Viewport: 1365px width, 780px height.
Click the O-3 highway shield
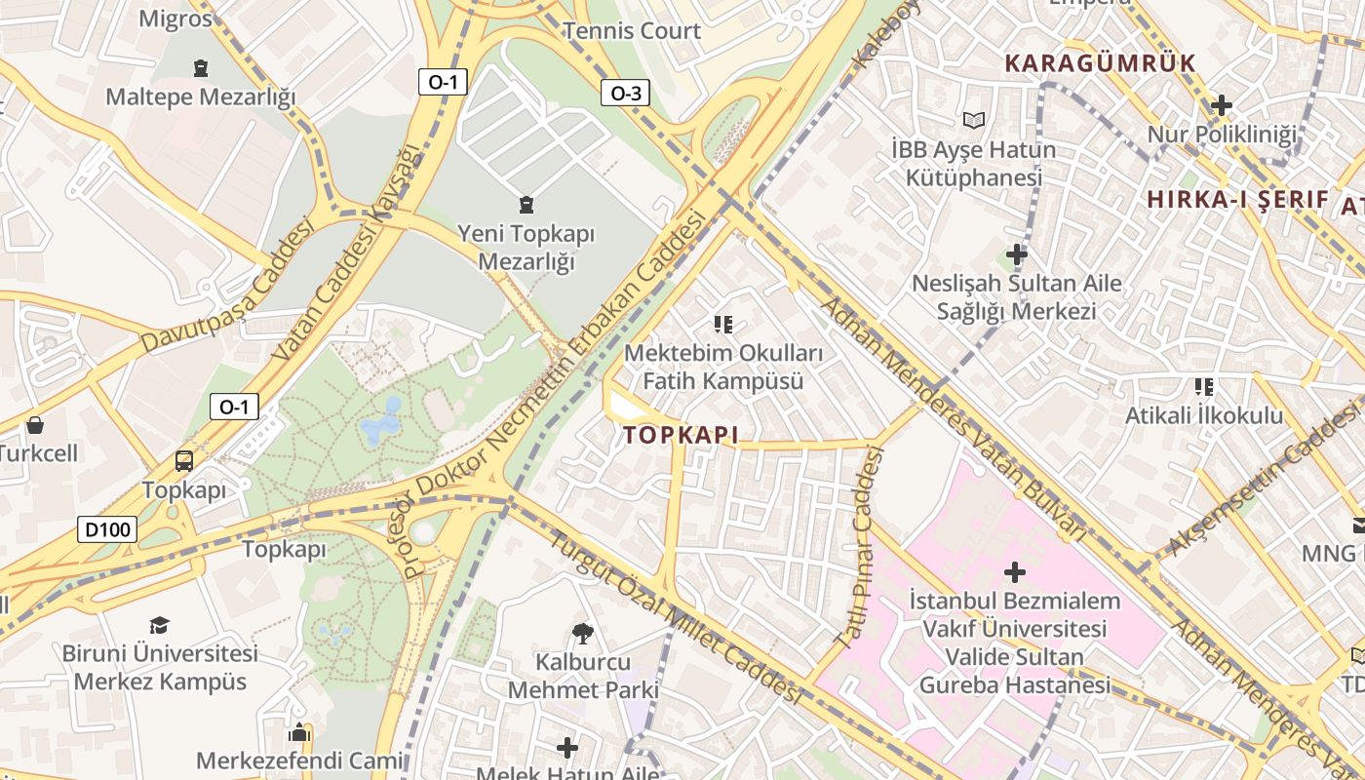click(x=625, y=94)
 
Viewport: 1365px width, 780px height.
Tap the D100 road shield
click(x=107, y=530)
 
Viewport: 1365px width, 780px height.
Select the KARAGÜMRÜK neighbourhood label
click(x=1100, y=63)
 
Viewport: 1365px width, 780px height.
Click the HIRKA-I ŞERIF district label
click(x=1237, y=200)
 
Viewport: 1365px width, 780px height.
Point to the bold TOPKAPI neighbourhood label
click(x=681, y=436)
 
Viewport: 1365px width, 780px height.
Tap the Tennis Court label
click(x=632, y=30)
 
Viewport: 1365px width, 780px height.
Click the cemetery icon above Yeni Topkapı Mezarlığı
click(x=526, y=205)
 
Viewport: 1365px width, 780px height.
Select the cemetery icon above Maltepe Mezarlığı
click(x=201, y=68)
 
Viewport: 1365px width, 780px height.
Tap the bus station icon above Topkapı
click(x=183, y=461)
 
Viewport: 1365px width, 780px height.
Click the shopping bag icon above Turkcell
click(x=35, y=425)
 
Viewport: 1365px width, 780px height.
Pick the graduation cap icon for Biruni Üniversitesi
click(x=159, y=625)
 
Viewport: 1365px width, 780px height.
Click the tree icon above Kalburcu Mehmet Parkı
click(x=583, y=634)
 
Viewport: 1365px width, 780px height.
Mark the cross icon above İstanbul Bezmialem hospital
click(x=1015, y=571)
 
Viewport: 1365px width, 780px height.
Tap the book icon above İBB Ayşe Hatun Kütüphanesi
click(x=974, y=120)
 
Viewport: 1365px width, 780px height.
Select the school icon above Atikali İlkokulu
click(x=1204, y=387)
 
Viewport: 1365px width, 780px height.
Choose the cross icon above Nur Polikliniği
click(x=1222, y=105)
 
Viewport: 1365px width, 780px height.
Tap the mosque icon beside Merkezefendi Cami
click(x=300, y=731)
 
